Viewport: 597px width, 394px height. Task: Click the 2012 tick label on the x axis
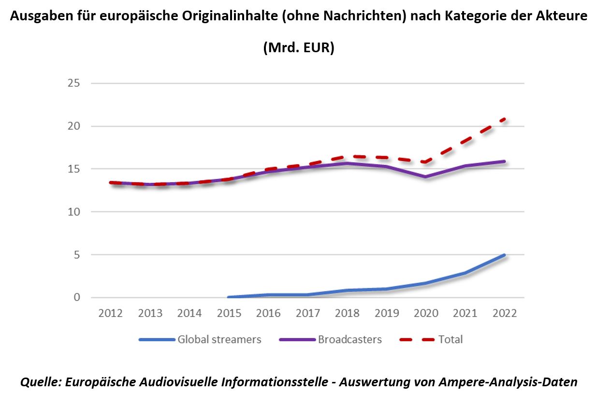click(111, 313)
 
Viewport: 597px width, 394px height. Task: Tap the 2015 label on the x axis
click(229, 313)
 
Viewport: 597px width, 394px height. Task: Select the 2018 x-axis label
click(348, 313)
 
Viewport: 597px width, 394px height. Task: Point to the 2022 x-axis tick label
click(505, 313)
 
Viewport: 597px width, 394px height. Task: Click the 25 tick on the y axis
click(73, 83)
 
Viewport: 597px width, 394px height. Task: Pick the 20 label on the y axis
click(73, 126)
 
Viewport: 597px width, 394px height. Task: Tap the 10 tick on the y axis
click(73, 212)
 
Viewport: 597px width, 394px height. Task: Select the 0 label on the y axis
click(76, 297)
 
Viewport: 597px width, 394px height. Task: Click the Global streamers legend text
click(219, 339)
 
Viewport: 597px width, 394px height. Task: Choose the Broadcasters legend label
click(349, 339)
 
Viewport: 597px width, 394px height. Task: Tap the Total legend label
click(451, 339)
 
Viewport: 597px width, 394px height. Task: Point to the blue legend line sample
click(156, 339)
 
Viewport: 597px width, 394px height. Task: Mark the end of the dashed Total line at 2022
click(505, 118)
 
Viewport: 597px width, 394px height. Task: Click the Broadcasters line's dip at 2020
click(426, 177)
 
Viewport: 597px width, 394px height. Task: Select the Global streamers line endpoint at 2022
click(505, 255)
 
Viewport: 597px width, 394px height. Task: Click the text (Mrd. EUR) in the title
click(298, 48)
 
